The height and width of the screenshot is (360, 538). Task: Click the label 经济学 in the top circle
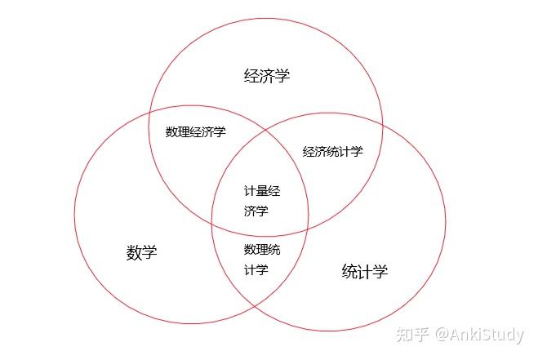[267, 75]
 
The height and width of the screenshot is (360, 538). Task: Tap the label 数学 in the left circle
[142, 252]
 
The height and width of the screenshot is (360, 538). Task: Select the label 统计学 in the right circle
[365, 271]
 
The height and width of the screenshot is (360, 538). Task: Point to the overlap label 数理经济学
[196, 131]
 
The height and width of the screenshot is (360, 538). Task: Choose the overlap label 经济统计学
[332, 151]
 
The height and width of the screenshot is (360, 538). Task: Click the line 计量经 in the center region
[262, 191]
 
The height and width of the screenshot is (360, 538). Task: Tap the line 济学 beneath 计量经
[256, 211]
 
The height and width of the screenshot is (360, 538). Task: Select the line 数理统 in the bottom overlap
[262, 250]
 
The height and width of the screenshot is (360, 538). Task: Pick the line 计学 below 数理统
[256, 269]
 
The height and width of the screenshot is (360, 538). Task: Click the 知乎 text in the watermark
[412, 334]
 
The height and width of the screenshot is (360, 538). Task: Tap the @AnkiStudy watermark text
[480, 335]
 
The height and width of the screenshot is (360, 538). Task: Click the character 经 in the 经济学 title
[251, 75]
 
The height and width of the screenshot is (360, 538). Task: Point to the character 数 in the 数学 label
[134, 252]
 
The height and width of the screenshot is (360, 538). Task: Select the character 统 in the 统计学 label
[349, 271]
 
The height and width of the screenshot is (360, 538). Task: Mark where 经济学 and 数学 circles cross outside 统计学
[149, 113]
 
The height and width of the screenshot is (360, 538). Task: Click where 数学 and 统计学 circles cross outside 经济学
[254, 304]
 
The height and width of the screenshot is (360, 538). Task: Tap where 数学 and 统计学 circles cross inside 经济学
[266, 131]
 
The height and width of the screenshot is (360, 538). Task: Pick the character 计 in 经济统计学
[345, 151]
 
